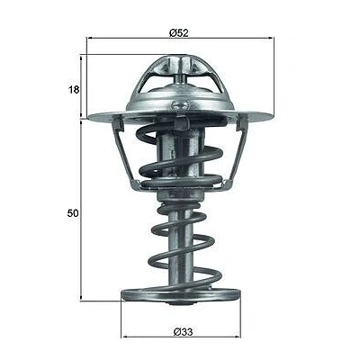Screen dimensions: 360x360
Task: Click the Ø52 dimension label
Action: (179, 32)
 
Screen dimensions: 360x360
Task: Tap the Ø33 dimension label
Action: (183, 331)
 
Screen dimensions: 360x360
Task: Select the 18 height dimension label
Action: (74, 89)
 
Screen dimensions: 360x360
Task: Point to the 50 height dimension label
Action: (73, 213)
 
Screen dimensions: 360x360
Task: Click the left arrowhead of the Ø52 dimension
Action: (89, 38)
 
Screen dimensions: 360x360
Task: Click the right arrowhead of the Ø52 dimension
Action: (272, 38)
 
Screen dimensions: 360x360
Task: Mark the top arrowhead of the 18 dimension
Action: (81, 57)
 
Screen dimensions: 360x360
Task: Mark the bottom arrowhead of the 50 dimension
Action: (81, 299)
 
